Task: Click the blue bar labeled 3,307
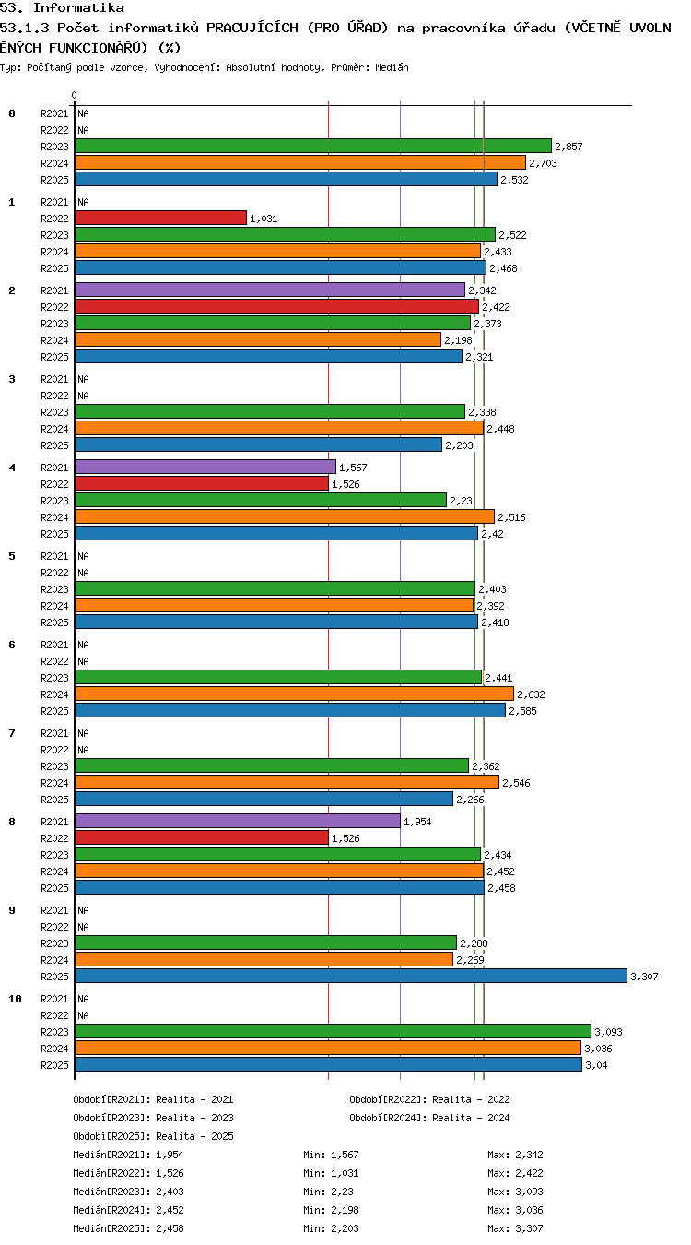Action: point(351,976)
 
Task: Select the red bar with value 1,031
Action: point(160,218)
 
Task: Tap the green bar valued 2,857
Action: point(313,146)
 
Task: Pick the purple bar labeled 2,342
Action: point(270,290)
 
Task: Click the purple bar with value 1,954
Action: point(238,821)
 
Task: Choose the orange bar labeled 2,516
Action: point(285,516)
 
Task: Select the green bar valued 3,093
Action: point(334,1031)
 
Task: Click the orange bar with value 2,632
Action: point(295,694)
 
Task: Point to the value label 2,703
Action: point(543,163)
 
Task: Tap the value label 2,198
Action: point(458,340)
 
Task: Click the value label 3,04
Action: point(597,1065)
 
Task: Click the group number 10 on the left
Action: point(15,999)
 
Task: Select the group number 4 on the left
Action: point(12,468)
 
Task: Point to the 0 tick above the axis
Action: point(74,95)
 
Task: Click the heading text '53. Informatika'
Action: point(62,7)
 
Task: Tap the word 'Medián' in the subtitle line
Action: point(392,67)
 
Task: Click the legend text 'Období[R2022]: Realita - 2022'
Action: point(429,1098)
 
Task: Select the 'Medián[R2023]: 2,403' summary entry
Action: point(128,1192)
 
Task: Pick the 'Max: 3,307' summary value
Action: point(515,1227)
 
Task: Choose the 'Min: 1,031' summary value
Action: point(331,1173)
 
